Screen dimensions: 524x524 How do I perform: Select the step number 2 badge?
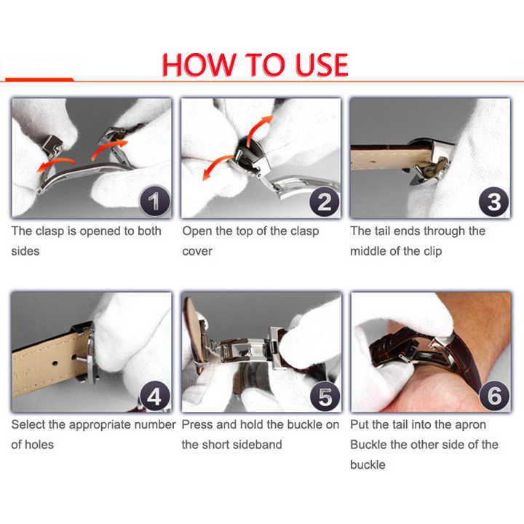[324, 201]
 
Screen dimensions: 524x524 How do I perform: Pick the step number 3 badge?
[494, 201]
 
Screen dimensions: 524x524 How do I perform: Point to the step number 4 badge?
[155, 397]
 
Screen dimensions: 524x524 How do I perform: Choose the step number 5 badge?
[324, 397]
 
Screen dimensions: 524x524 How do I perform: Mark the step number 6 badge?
[494, 397]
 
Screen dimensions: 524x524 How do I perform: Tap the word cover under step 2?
[197, 251]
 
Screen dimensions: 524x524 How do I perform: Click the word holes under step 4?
[41, 445]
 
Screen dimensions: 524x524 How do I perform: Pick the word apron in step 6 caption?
[469, 425]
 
